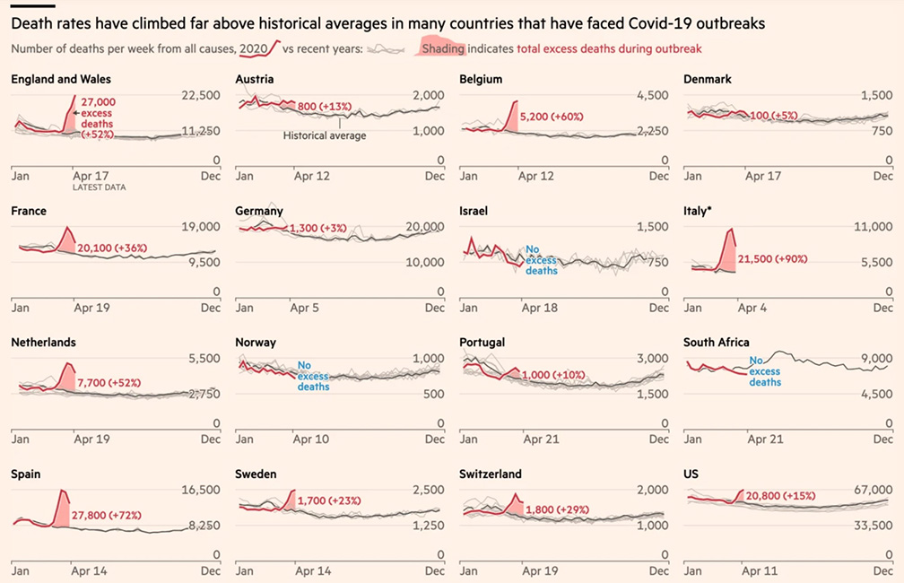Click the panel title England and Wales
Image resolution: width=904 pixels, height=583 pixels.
(x=55, y=80)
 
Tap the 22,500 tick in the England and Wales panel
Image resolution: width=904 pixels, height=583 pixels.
(x=201, y=95)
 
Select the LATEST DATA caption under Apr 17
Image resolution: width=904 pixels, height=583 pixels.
(x=99, y=187)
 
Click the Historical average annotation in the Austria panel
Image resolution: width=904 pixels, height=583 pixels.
(x=325, y=135)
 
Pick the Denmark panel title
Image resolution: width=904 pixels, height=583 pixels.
(x=708, y=80)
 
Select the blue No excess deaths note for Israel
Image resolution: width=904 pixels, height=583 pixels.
(x=541, y=260)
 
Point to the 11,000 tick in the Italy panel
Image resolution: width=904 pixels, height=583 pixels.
(x=874, y=227)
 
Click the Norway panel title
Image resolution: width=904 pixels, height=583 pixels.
(x=256, y=343)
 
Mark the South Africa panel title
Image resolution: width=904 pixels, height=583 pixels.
(x=717, y=343)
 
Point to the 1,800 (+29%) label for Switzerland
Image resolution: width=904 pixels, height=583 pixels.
(x=557, y=510)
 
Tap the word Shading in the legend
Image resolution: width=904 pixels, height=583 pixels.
(x=443, y=48)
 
